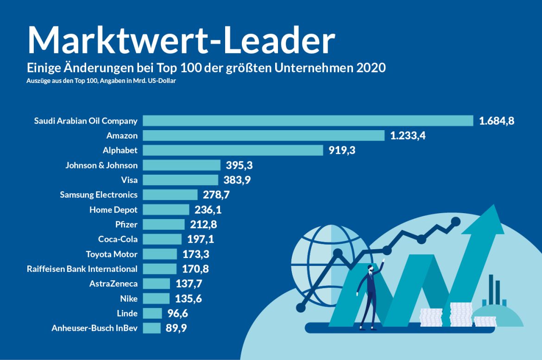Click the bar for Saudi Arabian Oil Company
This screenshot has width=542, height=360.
click(x=308, y=120)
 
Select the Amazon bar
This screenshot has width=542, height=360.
click(x=264, y=135)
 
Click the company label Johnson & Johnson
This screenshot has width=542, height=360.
click(x=101, y=165)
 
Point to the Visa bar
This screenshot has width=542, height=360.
click(x=180, y=180)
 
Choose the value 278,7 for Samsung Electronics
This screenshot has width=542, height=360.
click(x=216, y=195)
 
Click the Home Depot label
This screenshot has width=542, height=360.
click(x=113, y=209)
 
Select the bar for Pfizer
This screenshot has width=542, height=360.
click(x=164, y=224)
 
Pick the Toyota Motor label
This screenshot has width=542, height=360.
click(x=112, y=254)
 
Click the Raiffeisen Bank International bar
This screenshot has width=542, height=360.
click(x=160, y=269)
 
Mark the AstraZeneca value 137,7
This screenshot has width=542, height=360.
click(x=188, y=284)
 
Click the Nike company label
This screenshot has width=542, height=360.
click(x=128, y=298)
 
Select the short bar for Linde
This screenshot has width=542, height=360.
click(x=152, y=313)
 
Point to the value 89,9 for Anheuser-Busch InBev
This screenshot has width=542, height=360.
click(x=178, y=328)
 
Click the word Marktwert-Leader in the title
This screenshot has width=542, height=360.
click(x=181, y=41)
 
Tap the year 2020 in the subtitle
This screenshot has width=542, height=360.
click(x=371, y=68)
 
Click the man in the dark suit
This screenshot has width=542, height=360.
click(x=369, y=297)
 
